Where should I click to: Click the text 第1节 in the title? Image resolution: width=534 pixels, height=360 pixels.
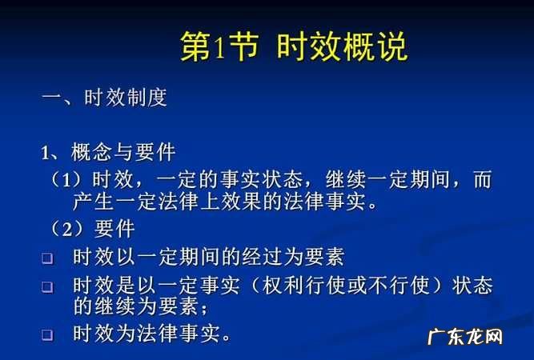coord(219,47)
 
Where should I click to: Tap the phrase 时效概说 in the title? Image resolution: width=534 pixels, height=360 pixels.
coord(342,47)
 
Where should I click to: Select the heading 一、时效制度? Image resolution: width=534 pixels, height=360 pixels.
coord(104,98)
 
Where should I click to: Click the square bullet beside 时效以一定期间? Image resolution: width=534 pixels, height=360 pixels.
coord(46,258)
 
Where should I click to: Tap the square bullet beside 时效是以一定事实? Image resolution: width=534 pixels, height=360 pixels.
coord(46,286)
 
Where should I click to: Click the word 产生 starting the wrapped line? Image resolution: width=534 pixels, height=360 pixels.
coord(91,202)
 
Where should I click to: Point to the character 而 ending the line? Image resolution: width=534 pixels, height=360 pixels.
coord(482,179)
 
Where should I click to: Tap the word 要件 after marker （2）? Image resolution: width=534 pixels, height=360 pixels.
coord(114,230)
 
